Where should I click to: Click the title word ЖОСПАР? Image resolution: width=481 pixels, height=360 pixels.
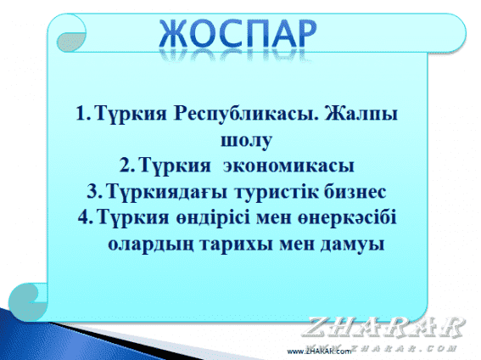(238, 34)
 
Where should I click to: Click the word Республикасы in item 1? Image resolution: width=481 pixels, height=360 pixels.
(246, 114)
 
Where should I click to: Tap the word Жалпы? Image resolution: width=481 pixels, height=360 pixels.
(361, 114)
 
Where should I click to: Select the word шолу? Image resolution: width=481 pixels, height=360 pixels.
(246, 141)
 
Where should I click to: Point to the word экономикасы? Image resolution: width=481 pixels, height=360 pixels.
(288, 166)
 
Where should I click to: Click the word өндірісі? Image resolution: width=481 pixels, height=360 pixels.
(213, 217)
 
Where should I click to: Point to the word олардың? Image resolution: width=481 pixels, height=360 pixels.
(151, 245)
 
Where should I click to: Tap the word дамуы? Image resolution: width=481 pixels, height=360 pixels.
(352, 245)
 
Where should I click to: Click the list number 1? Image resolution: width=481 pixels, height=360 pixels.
(81, 113)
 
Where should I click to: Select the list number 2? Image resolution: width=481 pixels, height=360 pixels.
(126, 166)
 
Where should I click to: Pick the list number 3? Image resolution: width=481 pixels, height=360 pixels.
(92, 191)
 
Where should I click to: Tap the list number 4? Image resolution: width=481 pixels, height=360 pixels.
(83, 217)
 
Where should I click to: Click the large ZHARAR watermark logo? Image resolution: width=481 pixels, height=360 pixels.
(383, 327)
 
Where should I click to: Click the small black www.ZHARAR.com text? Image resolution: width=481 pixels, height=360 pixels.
(319, 352)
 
